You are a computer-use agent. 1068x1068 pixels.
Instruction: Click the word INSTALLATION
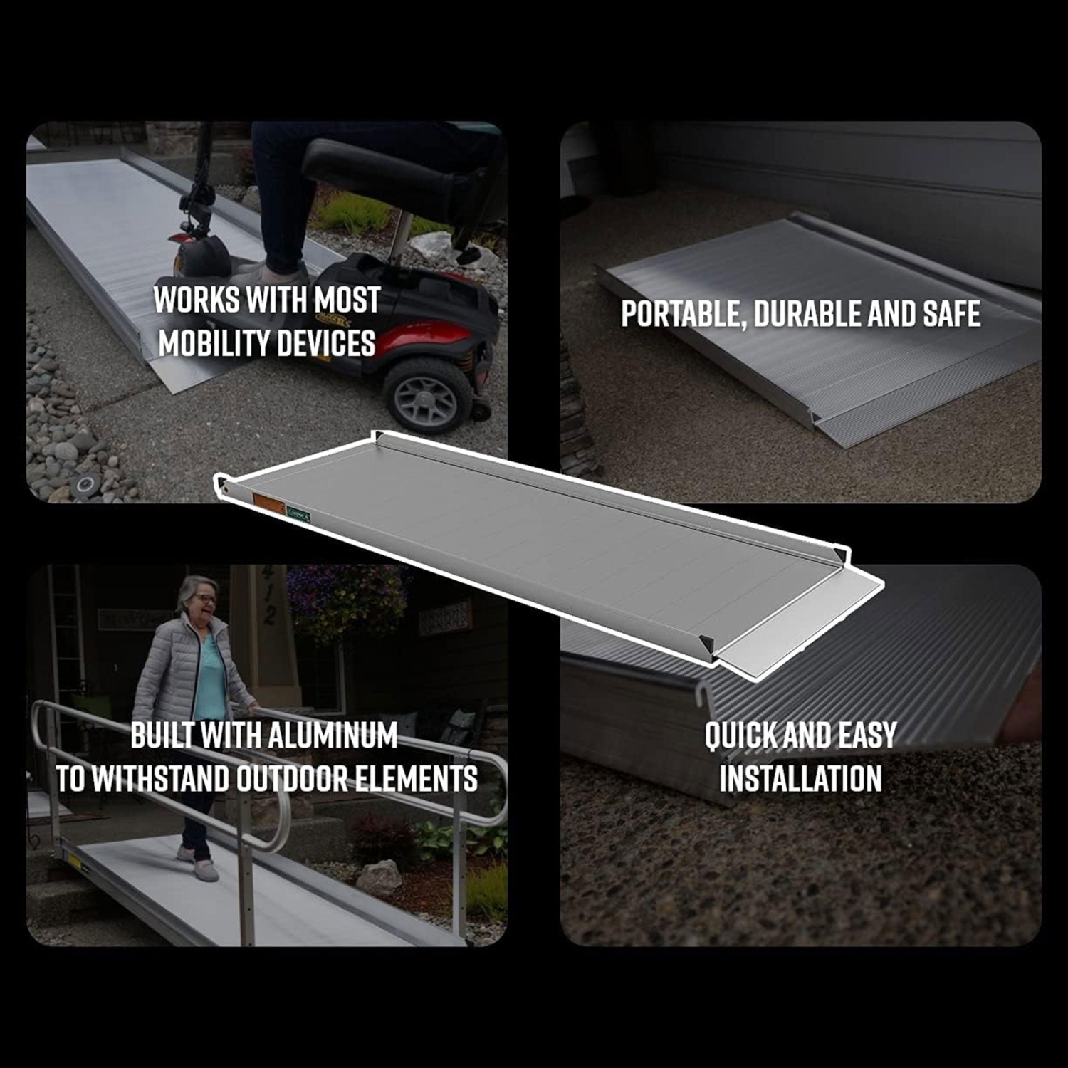tap(800, 778)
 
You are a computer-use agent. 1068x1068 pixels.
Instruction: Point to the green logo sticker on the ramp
tap(298, 514)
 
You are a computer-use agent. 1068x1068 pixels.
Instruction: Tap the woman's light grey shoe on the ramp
tap(205, 870)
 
